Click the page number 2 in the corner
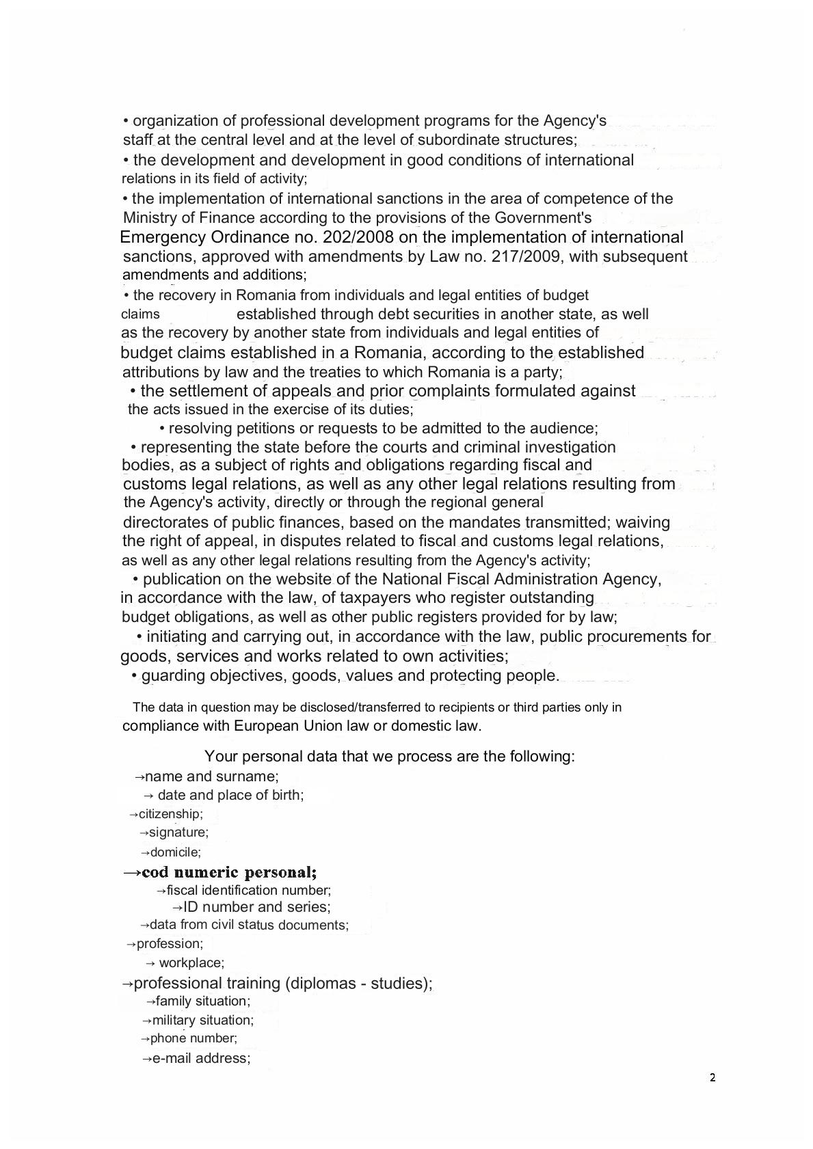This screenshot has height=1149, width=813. click(712, 1078)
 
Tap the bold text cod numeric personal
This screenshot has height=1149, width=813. click(228, 872)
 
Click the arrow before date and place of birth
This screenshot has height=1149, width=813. click(149, 796)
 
